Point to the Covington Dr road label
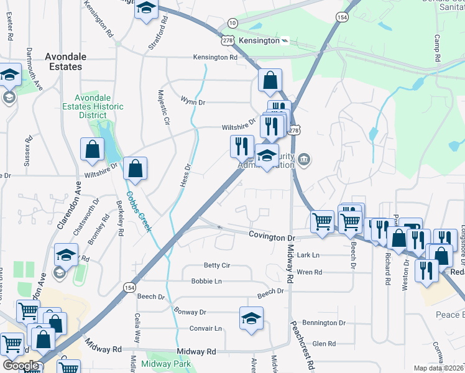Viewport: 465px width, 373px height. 271,237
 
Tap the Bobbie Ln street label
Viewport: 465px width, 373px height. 206,281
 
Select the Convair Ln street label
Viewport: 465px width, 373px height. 206,328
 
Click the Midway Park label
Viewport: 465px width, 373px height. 166,364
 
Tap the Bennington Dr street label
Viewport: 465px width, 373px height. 324,323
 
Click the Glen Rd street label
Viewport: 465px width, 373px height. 324,344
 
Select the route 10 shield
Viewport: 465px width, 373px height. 232,23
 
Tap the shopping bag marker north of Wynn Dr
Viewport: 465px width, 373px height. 270,79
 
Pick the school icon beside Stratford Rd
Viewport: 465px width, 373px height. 147,9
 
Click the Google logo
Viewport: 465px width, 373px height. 21,366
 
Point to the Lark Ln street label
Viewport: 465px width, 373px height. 308,255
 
